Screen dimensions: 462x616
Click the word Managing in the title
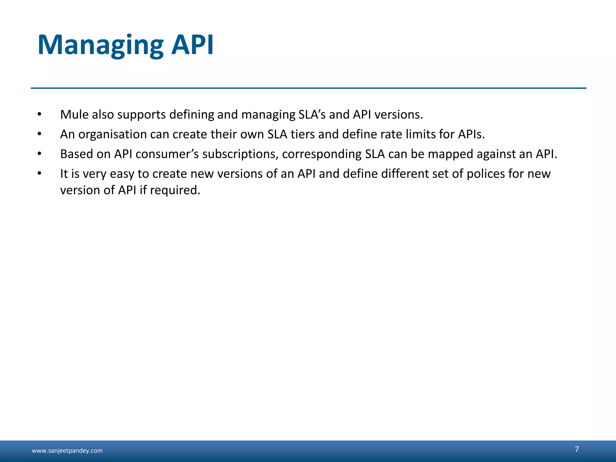pyautogui.click(x=100, y=45)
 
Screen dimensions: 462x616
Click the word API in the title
pyautogui.click(x=192, y=45)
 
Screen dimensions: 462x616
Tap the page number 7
pyautogui.click(x=577, y=449)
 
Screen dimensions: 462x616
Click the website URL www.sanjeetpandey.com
pyautogui.click(x=67, y=451)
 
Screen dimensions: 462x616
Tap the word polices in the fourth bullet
pyautogui.click(x=486, y=174)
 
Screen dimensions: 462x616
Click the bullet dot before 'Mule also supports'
pyautogui.click(x=39, y=115)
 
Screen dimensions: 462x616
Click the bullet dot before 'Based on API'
pyautogui.click(x=39, y=154)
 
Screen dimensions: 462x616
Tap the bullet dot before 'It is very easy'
pyautogui.click(x=39, y=174)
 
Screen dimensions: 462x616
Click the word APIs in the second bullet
pyautogui.click(x=471, y=134)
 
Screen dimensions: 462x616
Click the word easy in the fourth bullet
pyautogui.click(x=122, y=174)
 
